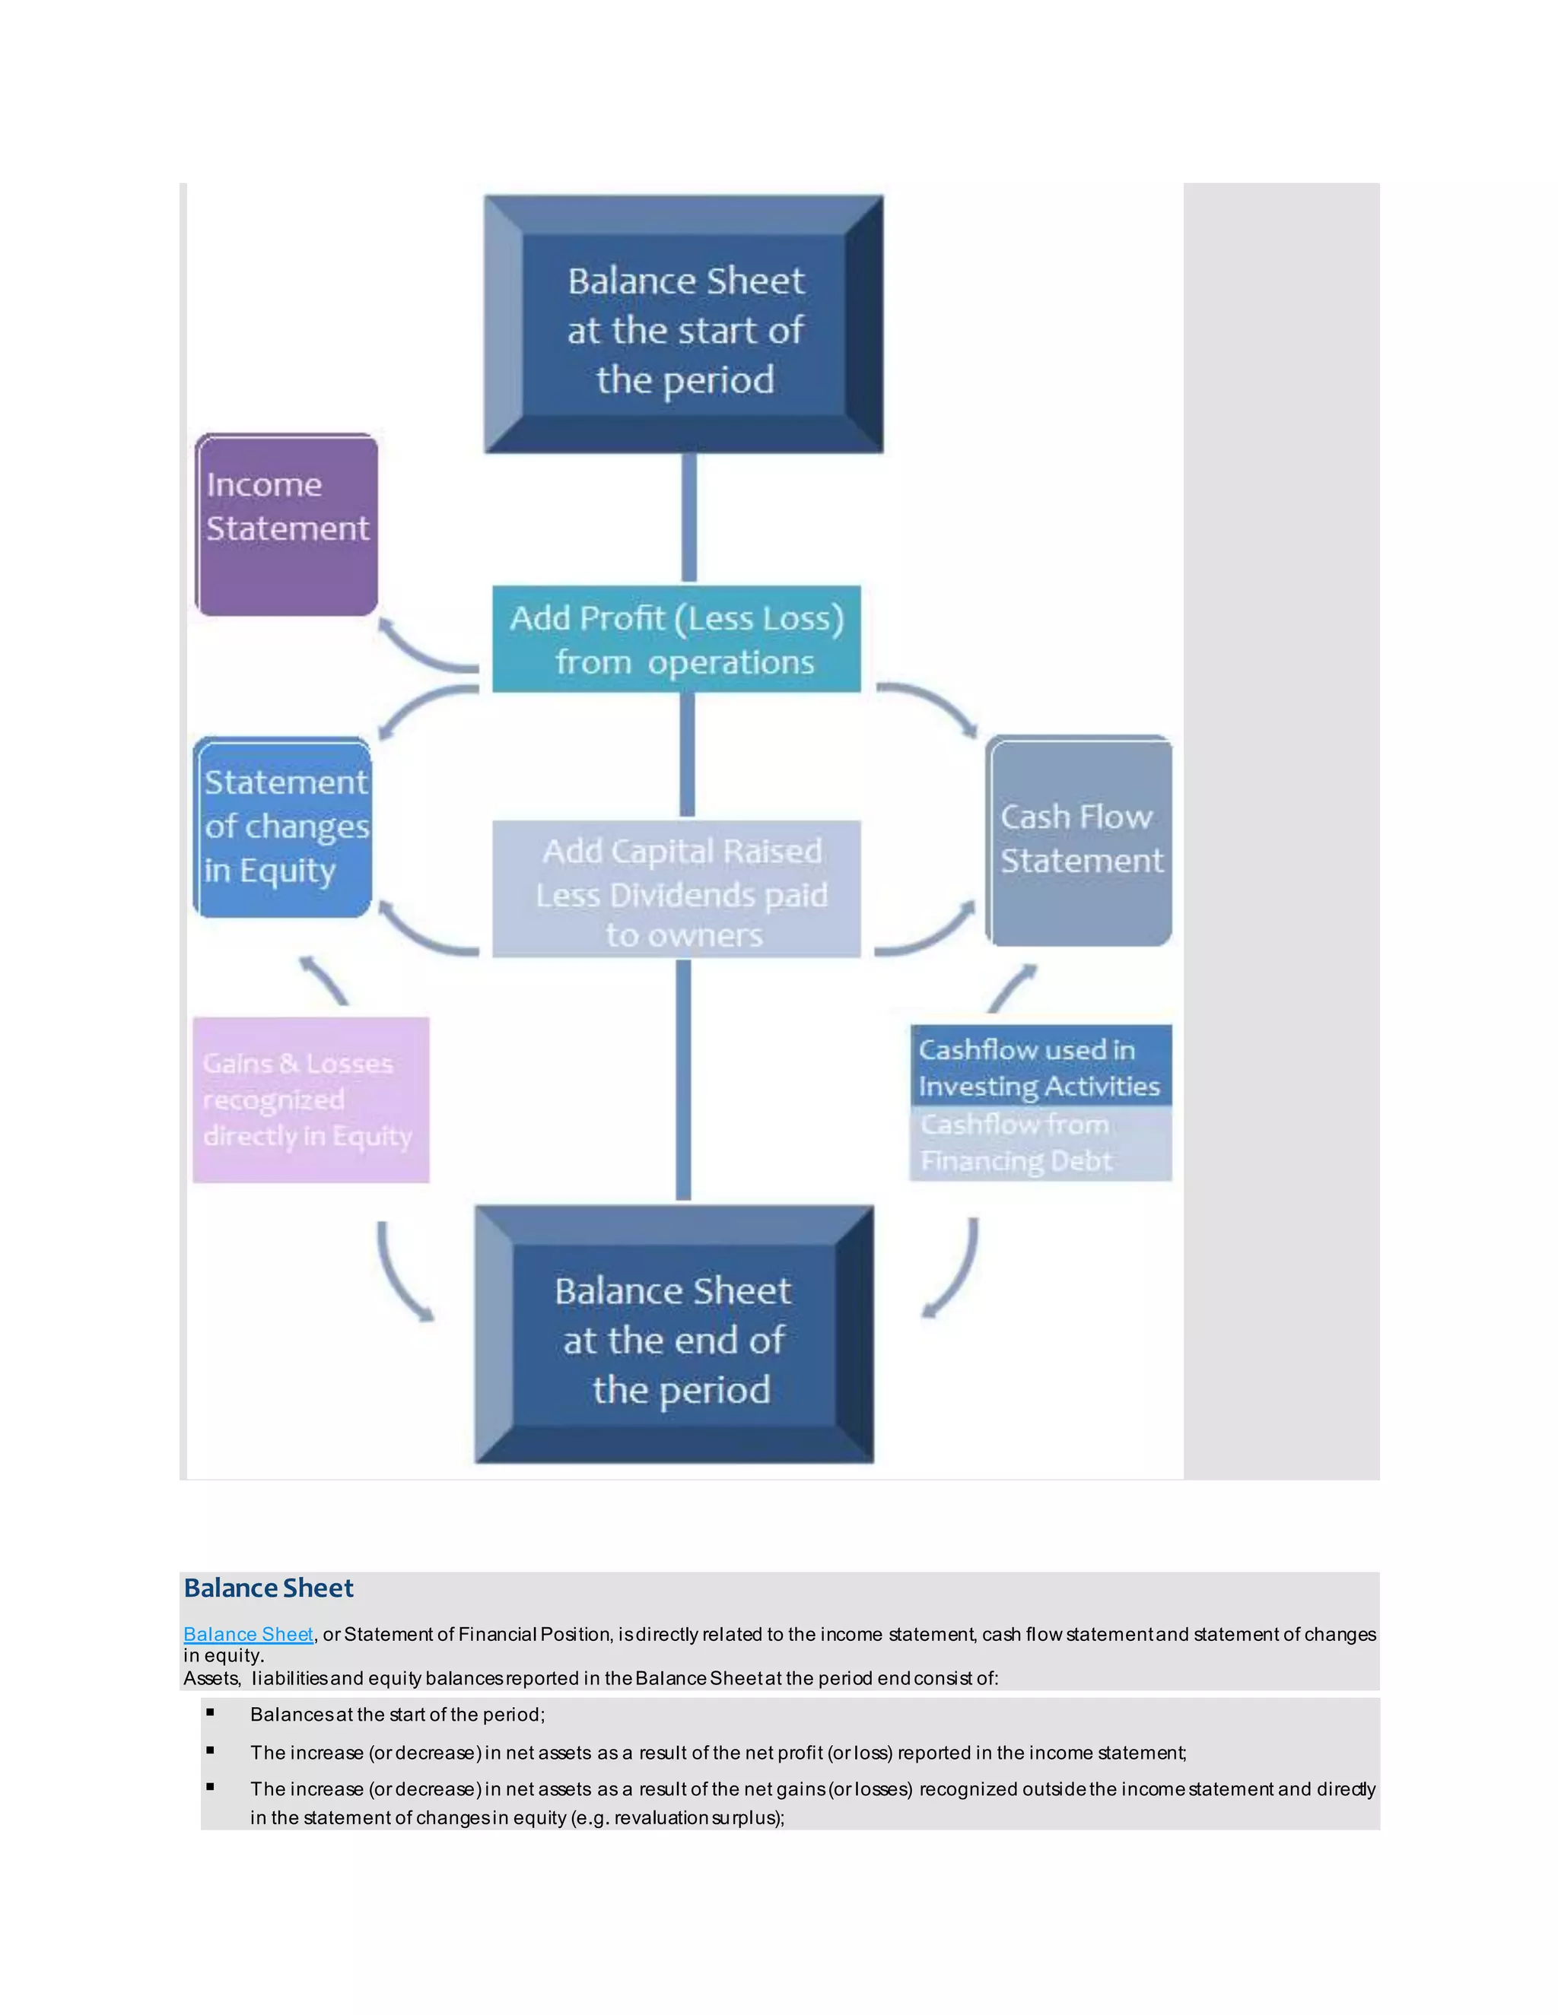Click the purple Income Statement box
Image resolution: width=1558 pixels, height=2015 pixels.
(x=287, y=524)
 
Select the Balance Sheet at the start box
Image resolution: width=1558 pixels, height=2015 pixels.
(x=684, y=325)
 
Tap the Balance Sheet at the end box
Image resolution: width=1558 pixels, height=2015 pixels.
(x=675, y=1335)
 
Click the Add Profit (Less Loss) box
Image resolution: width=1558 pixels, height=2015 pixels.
(x=676, y=639)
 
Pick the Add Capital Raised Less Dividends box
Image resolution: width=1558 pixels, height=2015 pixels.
(x=676, y=890)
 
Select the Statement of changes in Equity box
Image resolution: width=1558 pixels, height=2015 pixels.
(x=283, y=827)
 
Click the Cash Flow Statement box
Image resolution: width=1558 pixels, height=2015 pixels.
(x=1079, y=840)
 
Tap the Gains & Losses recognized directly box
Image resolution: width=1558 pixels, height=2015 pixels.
(x=311, y=1100)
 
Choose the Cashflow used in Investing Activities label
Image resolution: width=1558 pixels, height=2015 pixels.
(x=1040, y=1067)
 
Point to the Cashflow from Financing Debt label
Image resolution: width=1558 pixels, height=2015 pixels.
(x=1040, y=1143)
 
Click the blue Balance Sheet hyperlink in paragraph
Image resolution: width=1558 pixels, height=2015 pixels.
(x=248, y=1634)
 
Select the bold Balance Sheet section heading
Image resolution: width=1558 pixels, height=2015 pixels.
(x=269, y=1588)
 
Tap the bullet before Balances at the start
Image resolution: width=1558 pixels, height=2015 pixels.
(x=211, y=1712)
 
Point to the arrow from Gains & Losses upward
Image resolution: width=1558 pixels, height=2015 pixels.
(x=324, y=981)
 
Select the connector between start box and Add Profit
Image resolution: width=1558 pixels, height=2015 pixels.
(x=688, y=518)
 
